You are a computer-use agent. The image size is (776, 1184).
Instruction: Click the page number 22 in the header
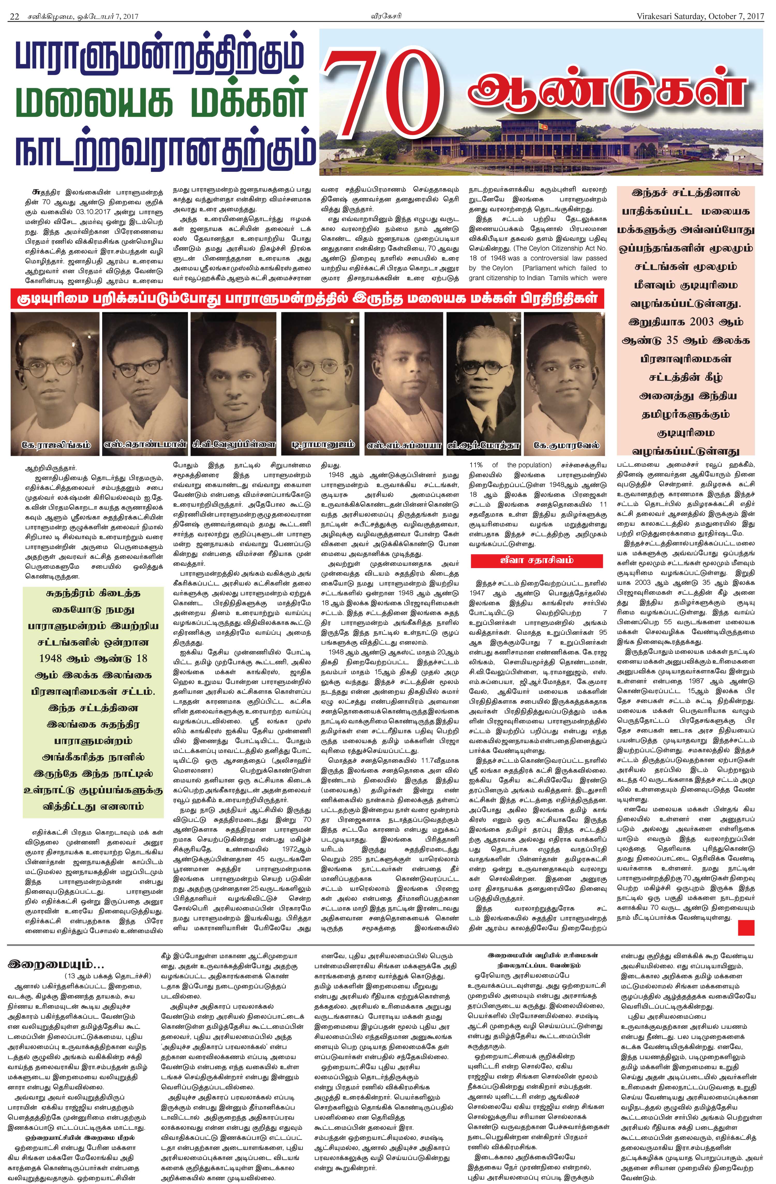point(14,17)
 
